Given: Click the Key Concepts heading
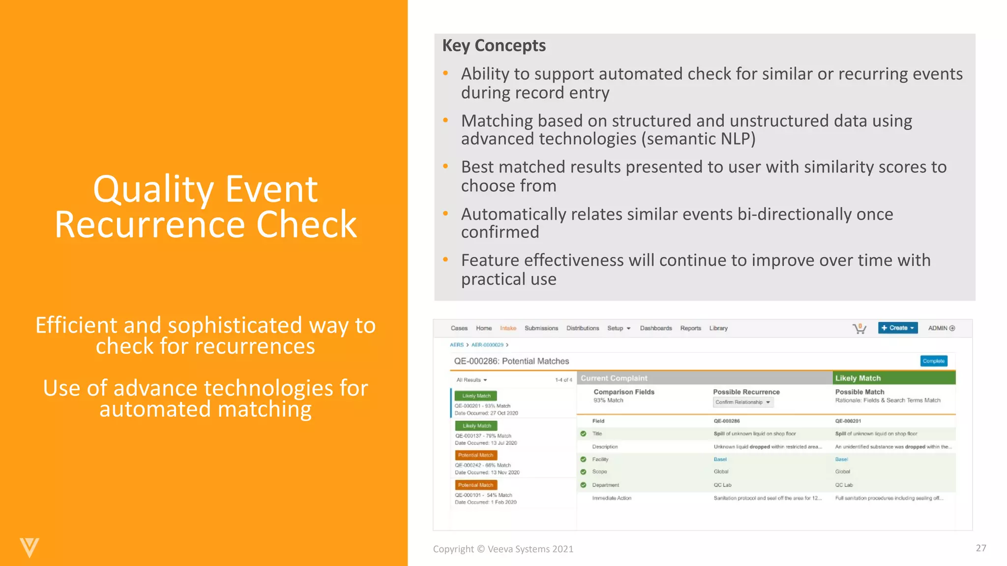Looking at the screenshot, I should click(x=494, y=46).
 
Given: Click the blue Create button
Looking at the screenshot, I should click(x=897, y=328).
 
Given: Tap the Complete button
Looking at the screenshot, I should click(x=933, y=361).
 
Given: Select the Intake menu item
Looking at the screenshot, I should click(x=508, y=328).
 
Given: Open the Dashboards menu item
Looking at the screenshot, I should click(x=655, y=328).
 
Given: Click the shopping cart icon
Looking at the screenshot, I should click(x=859, y=329).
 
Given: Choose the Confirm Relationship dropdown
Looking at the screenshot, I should click(x=743, y=402).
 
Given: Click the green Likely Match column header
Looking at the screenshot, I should click(x=893, y=378).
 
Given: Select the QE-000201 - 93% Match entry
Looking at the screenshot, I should click(x=482, y=406).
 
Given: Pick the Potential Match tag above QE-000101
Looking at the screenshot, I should click(x=475, y=485).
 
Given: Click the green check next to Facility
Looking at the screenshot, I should click(x=583, y=459).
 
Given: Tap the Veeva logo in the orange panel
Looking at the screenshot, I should click(x=29, y=547).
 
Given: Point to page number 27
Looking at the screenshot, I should click(x=980, y=548).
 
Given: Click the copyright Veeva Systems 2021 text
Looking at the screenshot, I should click(x=503, y=549).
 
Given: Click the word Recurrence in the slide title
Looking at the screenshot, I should click(x=149, y=225).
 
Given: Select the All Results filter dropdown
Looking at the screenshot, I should click(x=471, y=380).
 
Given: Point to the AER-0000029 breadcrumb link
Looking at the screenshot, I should click(x=487, y=345).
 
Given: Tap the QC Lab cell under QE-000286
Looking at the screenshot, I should click(x=722, y=485).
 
